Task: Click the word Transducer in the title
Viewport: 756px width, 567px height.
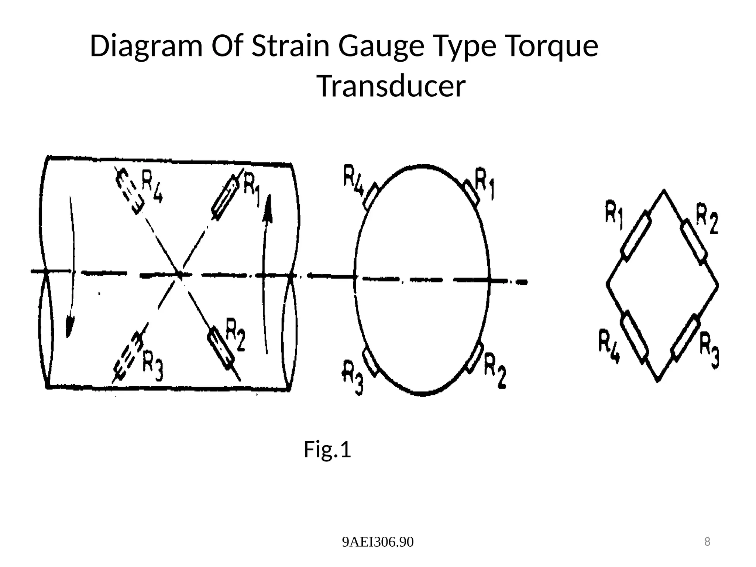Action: click(x=391, y=87)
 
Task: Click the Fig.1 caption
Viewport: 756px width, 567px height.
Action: click(x=327, y=450)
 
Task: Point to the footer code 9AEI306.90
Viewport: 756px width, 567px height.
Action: click(x=378, y=542)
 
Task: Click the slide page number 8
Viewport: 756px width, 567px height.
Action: click(x=707, y=542)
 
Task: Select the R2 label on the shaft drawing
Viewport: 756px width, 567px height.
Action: click(x=235, y=334)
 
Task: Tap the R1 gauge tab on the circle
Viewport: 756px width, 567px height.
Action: click(x=471, y=193)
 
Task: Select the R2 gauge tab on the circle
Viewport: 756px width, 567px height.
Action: click(x=474, y=357)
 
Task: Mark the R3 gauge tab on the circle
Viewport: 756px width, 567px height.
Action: click(x=371, y=362)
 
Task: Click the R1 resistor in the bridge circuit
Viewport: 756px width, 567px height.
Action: click(x=636, y=236)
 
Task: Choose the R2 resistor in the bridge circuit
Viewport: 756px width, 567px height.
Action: click(x=694, y=242)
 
